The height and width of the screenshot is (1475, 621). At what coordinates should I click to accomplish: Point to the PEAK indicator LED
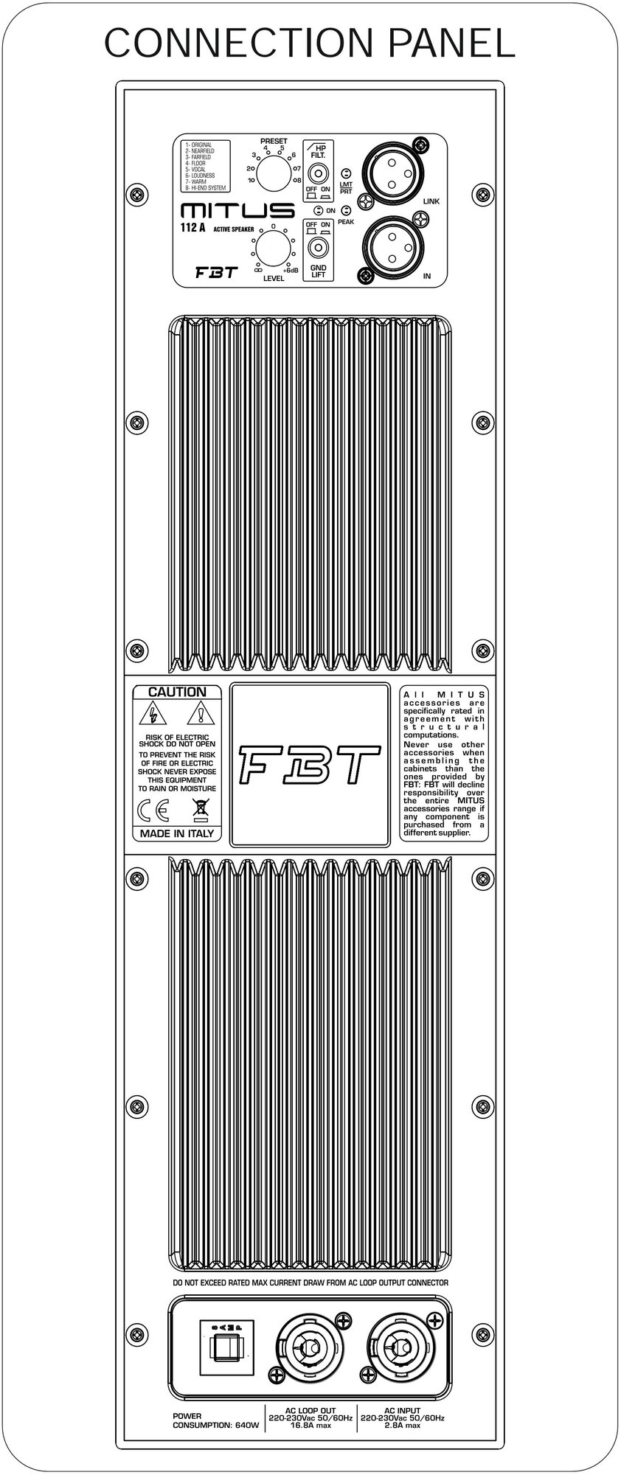click(346, 211)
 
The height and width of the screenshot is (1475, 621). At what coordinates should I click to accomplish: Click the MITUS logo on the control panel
click(228, 211)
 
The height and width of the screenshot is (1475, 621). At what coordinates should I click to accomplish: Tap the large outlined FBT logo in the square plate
click(309, 763)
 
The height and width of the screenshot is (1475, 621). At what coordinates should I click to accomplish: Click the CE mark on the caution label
click(153, 812)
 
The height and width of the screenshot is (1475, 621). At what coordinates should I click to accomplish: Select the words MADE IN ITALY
click(177, 833)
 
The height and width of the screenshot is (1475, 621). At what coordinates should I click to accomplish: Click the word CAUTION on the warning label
click(177, 693)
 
